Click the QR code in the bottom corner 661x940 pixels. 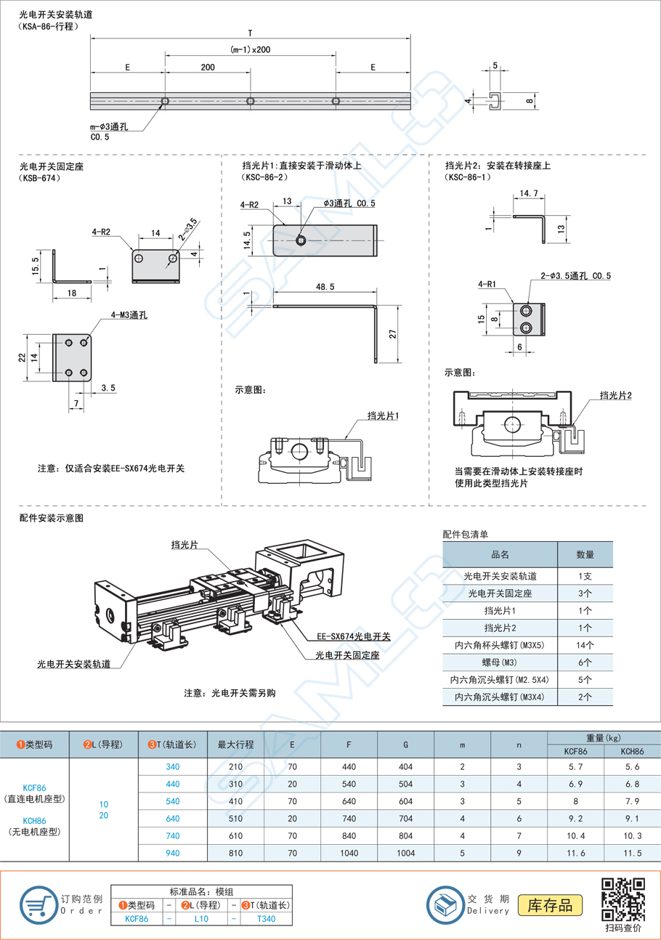624,899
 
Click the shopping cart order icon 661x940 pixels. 38,904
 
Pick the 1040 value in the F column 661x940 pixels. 349,852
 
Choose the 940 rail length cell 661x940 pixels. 172,852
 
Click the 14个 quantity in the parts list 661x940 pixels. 585,644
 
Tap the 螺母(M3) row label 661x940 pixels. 500,663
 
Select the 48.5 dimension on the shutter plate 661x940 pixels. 325,288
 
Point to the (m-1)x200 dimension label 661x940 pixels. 251,49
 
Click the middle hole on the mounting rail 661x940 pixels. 250,101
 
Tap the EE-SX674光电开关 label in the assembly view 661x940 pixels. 354,637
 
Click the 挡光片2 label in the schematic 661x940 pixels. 615,394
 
